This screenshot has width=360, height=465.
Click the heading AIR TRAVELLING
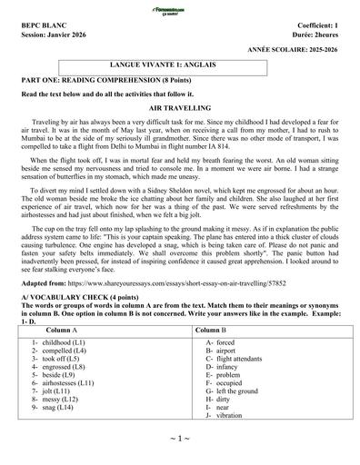(179, 107)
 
